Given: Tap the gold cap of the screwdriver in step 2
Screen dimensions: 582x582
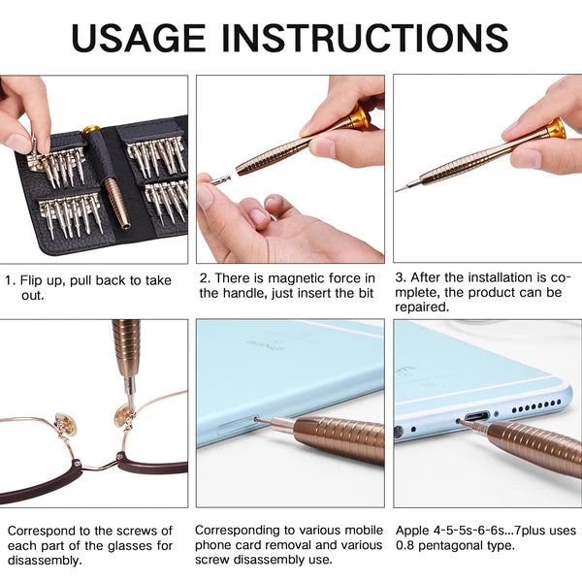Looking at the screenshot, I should tap(359, 118).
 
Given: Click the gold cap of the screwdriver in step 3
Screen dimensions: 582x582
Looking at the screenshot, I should tap(555, 127).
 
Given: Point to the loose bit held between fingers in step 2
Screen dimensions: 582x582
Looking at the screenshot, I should tap(221, 179).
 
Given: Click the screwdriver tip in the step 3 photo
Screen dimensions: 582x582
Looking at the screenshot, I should tap(401, 187).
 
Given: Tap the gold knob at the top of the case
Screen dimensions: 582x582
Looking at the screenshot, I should tap(90, 130).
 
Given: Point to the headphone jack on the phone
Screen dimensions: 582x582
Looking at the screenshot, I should tap(399, 431).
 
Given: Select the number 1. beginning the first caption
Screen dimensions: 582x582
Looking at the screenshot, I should tap(11, 280).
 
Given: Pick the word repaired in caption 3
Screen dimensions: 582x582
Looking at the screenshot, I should tap(431, 306).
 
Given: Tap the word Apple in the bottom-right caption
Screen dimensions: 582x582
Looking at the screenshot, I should tap(414, 531).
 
